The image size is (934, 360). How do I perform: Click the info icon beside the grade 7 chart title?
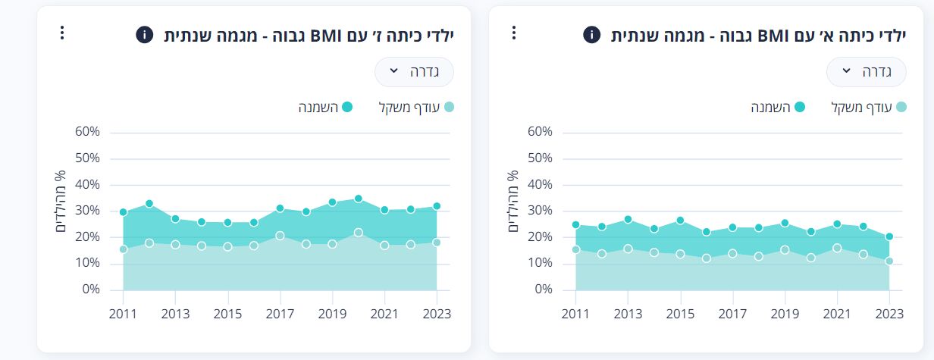pyautogui.click(x=145, y=35)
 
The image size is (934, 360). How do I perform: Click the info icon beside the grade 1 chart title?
pyautogui.click(x=591, y=35)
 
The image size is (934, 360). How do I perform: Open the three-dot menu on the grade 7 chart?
pyautogui.click(x=62, y=33)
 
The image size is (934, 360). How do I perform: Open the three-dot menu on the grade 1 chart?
pyautogui.click(x=513, y=33)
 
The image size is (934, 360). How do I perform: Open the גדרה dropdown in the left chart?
pyautogui.click(x=414, y=71)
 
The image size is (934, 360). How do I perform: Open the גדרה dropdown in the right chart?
pyautogui.click(x=866, y=72)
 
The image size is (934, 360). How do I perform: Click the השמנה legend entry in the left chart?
pyautogui.click(x=326, y=107)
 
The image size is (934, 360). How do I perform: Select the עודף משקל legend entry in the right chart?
pyautogui.click(x=869, y=107)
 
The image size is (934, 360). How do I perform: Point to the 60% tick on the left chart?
pyautogui.click(x=87, y=132)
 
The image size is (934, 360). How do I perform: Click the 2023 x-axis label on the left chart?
pyautogui.click(x=437, y=314)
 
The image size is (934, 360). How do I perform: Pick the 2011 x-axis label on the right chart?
pyautogui.click(x=575, y=314)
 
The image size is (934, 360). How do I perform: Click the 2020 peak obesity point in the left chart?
pyautogui.click(x=358, y=199)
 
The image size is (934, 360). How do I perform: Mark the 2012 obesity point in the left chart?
pyautogui.click(x=149, y=203)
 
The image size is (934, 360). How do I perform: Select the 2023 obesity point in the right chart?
pyautogui.click(x=889, y=236)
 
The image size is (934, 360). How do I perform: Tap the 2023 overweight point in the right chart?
pyautogui.click(x=889, y=261)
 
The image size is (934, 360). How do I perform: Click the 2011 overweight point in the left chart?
pyautogui.click(x=123, y=249)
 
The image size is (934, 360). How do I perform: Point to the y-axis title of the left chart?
pyautogui.click(x=60, y=202)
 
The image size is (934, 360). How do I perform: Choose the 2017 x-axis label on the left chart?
pyautogui.click(x=280, y=314)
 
